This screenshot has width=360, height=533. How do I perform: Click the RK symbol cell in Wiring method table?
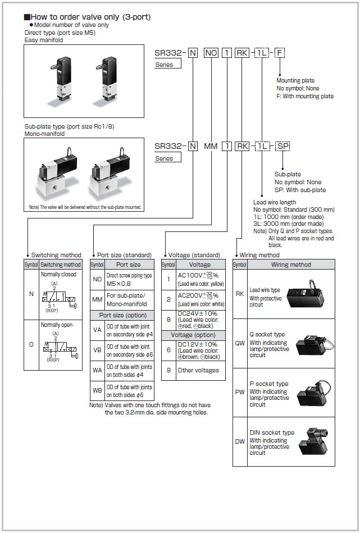coord(240,294)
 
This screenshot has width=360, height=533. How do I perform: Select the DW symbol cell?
coord(240,441)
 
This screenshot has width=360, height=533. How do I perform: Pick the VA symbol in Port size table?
coord(97,330)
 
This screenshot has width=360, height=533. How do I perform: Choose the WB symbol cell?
coord(97,390)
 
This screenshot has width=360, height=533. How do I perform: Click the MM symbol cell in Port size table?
coord(97,299)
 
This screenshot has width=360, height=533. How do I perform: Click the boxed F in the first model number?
coord(279,53)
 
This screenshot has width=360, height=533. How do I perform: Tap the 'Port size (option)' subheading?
coord(122,315)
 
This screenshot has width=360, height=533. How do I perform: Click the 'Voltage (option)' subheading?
coord(193,335)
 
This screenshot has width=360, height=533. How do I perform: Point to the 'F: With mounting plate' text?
coord(305,96)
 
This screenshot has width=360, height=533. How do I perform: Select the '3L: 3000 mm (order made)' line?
coord(288,224)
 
